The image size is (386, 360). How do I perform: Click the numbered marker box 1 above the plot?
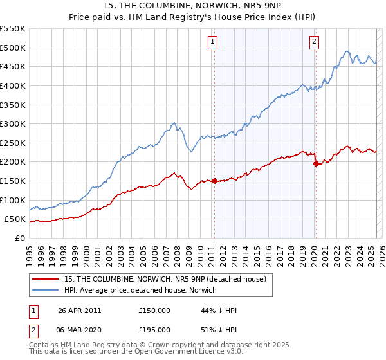coord(212,43)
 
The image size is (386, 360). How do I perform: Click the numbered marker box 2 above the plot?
coord(314,43)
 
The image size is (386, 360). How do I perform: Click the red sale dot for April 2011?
coord(214,181)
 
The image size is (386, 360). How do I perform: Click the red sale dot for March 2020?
coord(315,163)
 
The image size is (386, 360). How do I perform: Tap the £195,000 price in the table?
coord(154,329)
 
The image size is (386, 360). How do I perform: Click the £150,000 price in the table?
coord(154,310)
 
